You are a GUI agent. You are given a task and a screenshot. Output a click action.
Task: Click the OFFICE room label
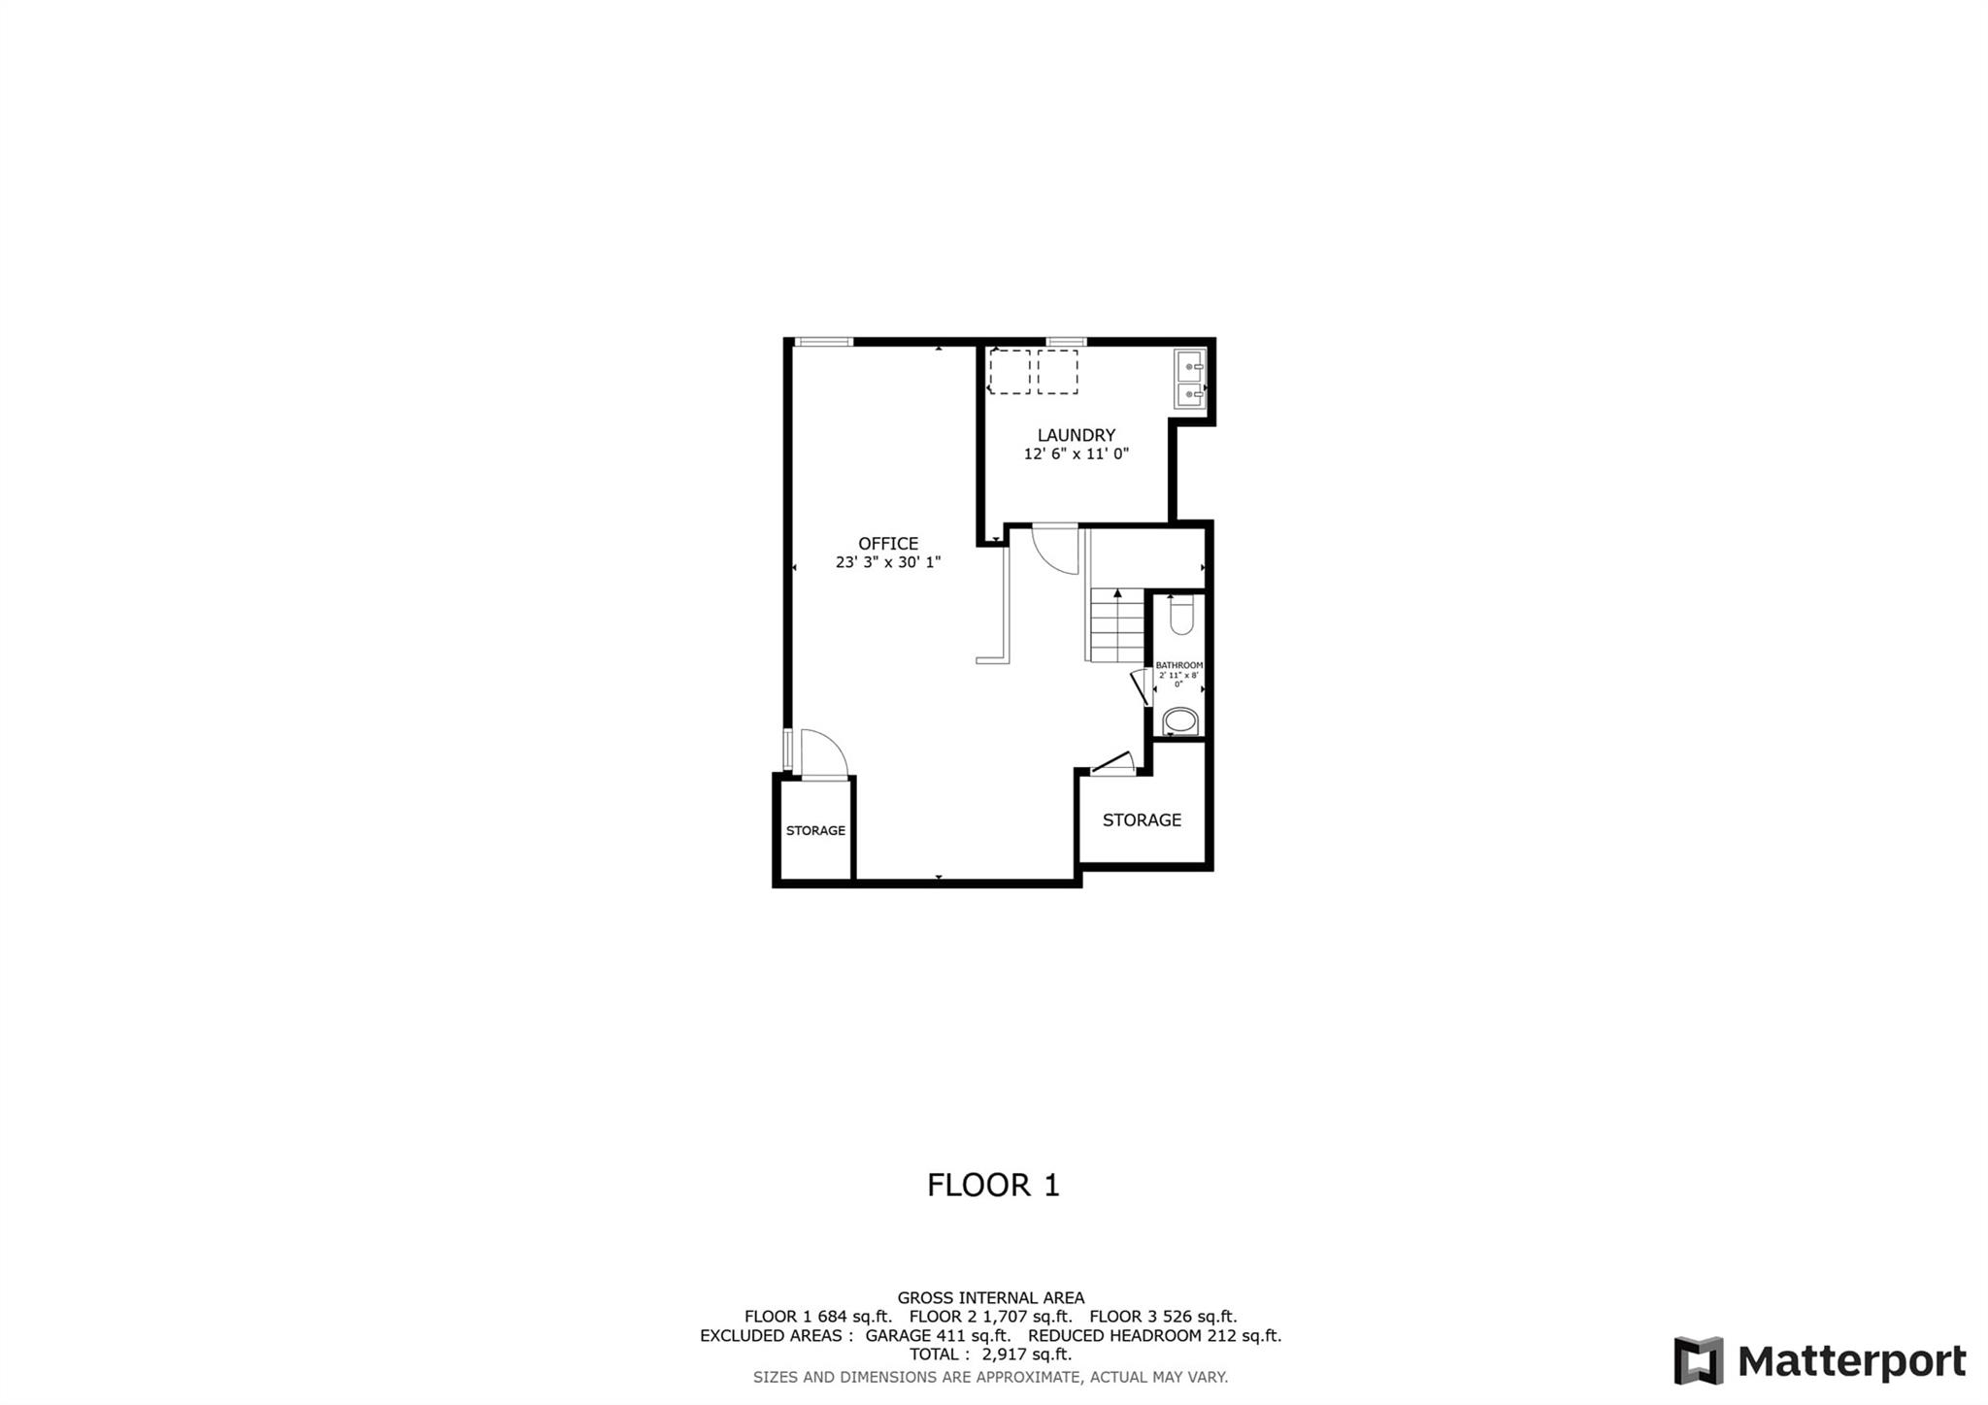pos(887,544)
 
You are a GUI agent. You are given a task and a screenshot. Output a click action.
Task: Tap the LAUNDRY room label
pos(1076,435)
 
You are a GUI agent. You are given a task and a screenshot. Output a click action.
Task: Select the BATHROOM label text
pos(1178,665)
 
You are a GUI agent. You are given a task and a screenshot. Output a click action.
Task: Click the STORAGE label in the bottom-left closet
pos(815,830)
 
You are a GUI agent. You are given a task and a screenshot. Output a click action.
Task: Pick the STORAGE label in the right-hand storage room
pos(1142,820)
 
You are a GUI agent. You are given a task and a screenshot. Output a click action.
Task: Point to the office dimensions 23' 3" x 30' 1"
pos(887,562)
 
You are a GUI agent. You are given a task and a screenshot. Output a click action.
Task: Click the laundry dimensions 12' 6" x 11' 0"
pos(1076,453)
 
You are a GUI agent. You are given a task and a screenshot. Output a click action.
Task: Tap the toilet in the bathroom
pos(1180,616)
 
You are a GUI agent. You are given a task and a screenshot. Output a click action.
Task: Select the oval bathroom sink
pos(1180,721)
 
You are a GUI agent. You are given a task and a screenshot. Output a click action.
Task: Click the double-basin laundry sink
pos(1190,380)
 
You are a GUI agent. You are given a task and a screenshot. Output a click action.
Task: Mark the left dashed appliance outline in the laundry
pos(1009,372)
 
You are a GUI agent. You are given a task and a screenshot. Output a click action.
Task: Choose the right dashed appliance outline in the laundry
pos(1057,372)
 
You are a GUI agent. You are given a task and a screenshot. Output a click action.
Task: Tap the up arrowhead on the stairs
pos(1117,593)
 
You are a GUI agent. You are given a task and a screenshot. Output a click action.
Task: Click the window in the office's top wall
pos(822,342)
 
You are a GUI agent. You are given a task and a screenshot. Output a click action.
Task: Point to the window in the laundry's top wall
pos(1066,342)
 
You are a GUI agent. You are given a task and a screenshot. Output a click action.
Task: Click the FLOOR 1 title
pos(993,1185)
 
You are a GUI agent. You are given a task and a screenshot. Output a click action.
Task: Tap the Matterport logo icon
pos(1698,1360)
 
